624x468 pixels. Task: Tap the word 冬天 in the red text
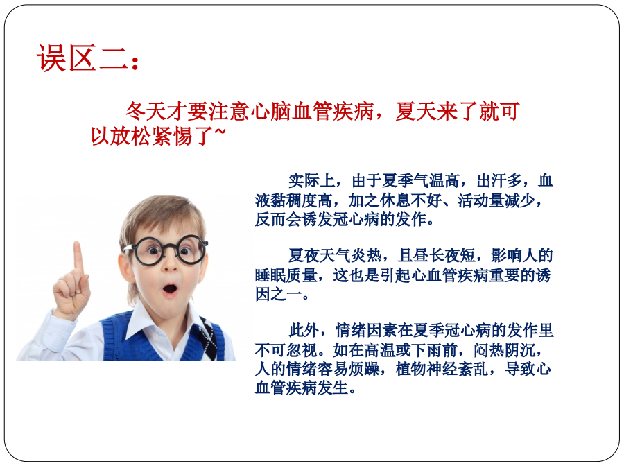[x=146, y=111]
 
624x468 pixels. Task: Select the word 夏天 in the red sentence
[x=416, y=111]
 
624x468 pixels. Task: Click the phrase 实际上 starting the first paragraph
[x=311, y=181]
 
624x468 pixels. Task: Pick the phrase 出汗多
[x=500, y=181]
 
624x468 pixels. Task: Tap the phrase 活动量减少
[x=496, y=200]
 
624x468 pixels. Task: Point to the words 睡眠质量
[x=286, y=275]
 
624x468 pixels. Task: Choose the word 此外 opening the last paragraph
[x=304, y=330]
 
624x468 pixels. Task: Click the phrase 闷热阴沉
[x=504, y=350]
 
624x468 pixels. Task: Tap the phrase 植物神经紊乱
[x=442, y=369]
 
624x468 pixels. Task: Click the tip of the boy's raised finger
[x=77, y=243]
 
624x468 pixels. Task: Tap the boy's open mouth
[x=171, y=288]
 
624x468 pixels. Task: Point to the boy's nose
[x=171, y=266]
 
